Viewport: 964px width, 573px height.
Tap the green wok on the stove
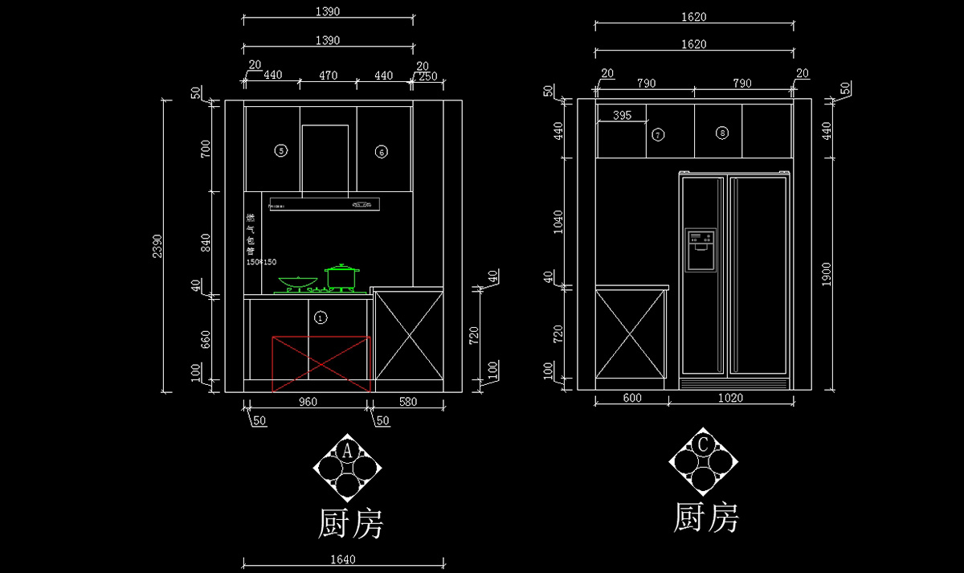point(296,282)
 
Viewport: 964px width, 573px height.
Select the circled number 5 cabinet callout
point(280,150)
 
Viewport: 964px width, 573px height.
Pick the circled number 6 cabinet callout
point(381,151)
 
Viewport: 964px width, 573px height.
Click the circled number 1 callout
point(321,317)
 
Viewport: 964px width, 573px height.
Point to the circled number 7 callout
point(658,135)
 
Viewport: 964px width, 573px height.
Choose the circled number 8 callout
point(722,133)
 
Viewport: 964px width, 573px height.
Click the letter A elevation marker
point(347,450)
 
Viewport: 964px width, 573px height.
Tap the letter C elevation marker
point(703,444)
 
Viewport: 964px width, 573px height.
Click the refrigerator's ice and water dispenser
point(700,250)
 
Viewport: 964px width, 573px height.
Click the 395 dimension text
point(622,116)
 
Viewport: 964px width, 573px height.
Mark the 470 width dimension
point(328,76)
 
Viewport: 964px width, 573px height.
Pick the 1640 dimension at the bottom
point(342,560)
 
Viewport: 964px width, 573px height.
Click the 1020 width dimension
point(730,397)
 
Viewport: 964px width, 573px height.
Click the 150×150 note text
point(261,263)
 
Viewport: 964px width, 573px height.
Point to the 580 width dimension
point(408,402)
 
